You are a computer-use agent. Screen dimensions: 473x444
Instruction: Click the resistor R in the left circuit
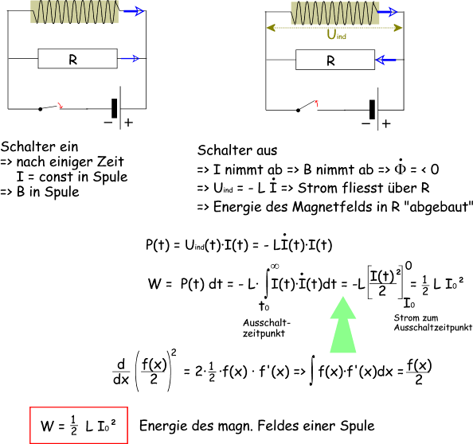[x=77, y=58]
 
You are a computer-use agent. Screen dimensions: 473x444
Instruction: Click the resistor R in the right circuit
[x=335, y=60]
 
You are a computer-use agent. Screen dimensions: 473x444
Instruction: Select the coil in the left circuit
[x=75, y=12]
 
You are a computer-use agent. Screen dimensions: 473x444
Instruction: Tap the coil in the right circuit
[x=335, y=13]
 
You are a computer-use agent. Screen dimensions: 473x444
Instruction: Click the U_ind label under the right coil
[x=336, y=35]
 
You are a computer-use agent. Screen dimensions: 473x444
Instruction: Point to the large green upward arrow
[x=343, y=325]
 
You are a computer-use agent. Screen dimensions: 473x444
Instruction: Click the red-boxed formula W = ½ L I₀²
[x=78, y=426]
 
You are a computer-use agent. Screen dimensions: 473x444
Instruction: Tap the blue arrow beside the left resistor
[x=129, y=58]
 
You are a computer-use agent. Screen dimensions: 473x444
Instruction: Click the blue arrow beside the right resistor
[x=385, y=60]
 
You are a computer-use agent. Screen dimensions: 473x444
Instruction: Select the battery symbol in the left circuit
[x=117, y=108]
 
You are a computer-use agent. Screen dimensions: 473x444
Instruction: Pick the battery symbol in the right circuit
[x=375, y=110]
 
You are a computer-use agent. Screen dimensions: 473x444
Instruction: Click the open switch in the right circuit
[x=307, y=106]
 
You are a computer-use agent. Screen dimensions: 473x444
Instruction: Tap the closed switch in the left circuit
[x=51, y=107]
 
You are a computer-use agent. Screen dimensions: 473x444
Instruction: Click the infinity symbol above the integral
[x=275, y=266]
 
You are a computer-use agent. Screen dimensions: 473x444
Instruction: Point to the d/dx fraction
[x=121, y=372]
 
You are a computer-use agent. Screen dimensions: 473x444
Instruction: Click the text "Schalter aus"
[x=237, y=150]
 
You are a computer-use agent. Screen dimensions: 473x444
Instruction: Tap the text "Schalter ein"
[x=39, y=146]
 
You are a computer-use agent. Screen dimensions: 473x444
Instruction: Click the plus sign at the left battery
[x=128, y=123]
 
